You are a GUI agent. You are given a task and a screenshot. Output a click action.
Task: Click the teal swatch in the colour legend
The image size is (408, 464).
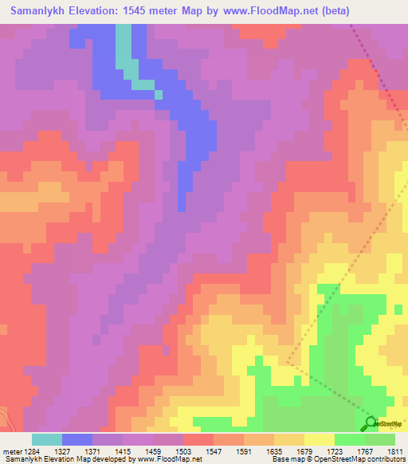pyautogui.click(x=46, y=438)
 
